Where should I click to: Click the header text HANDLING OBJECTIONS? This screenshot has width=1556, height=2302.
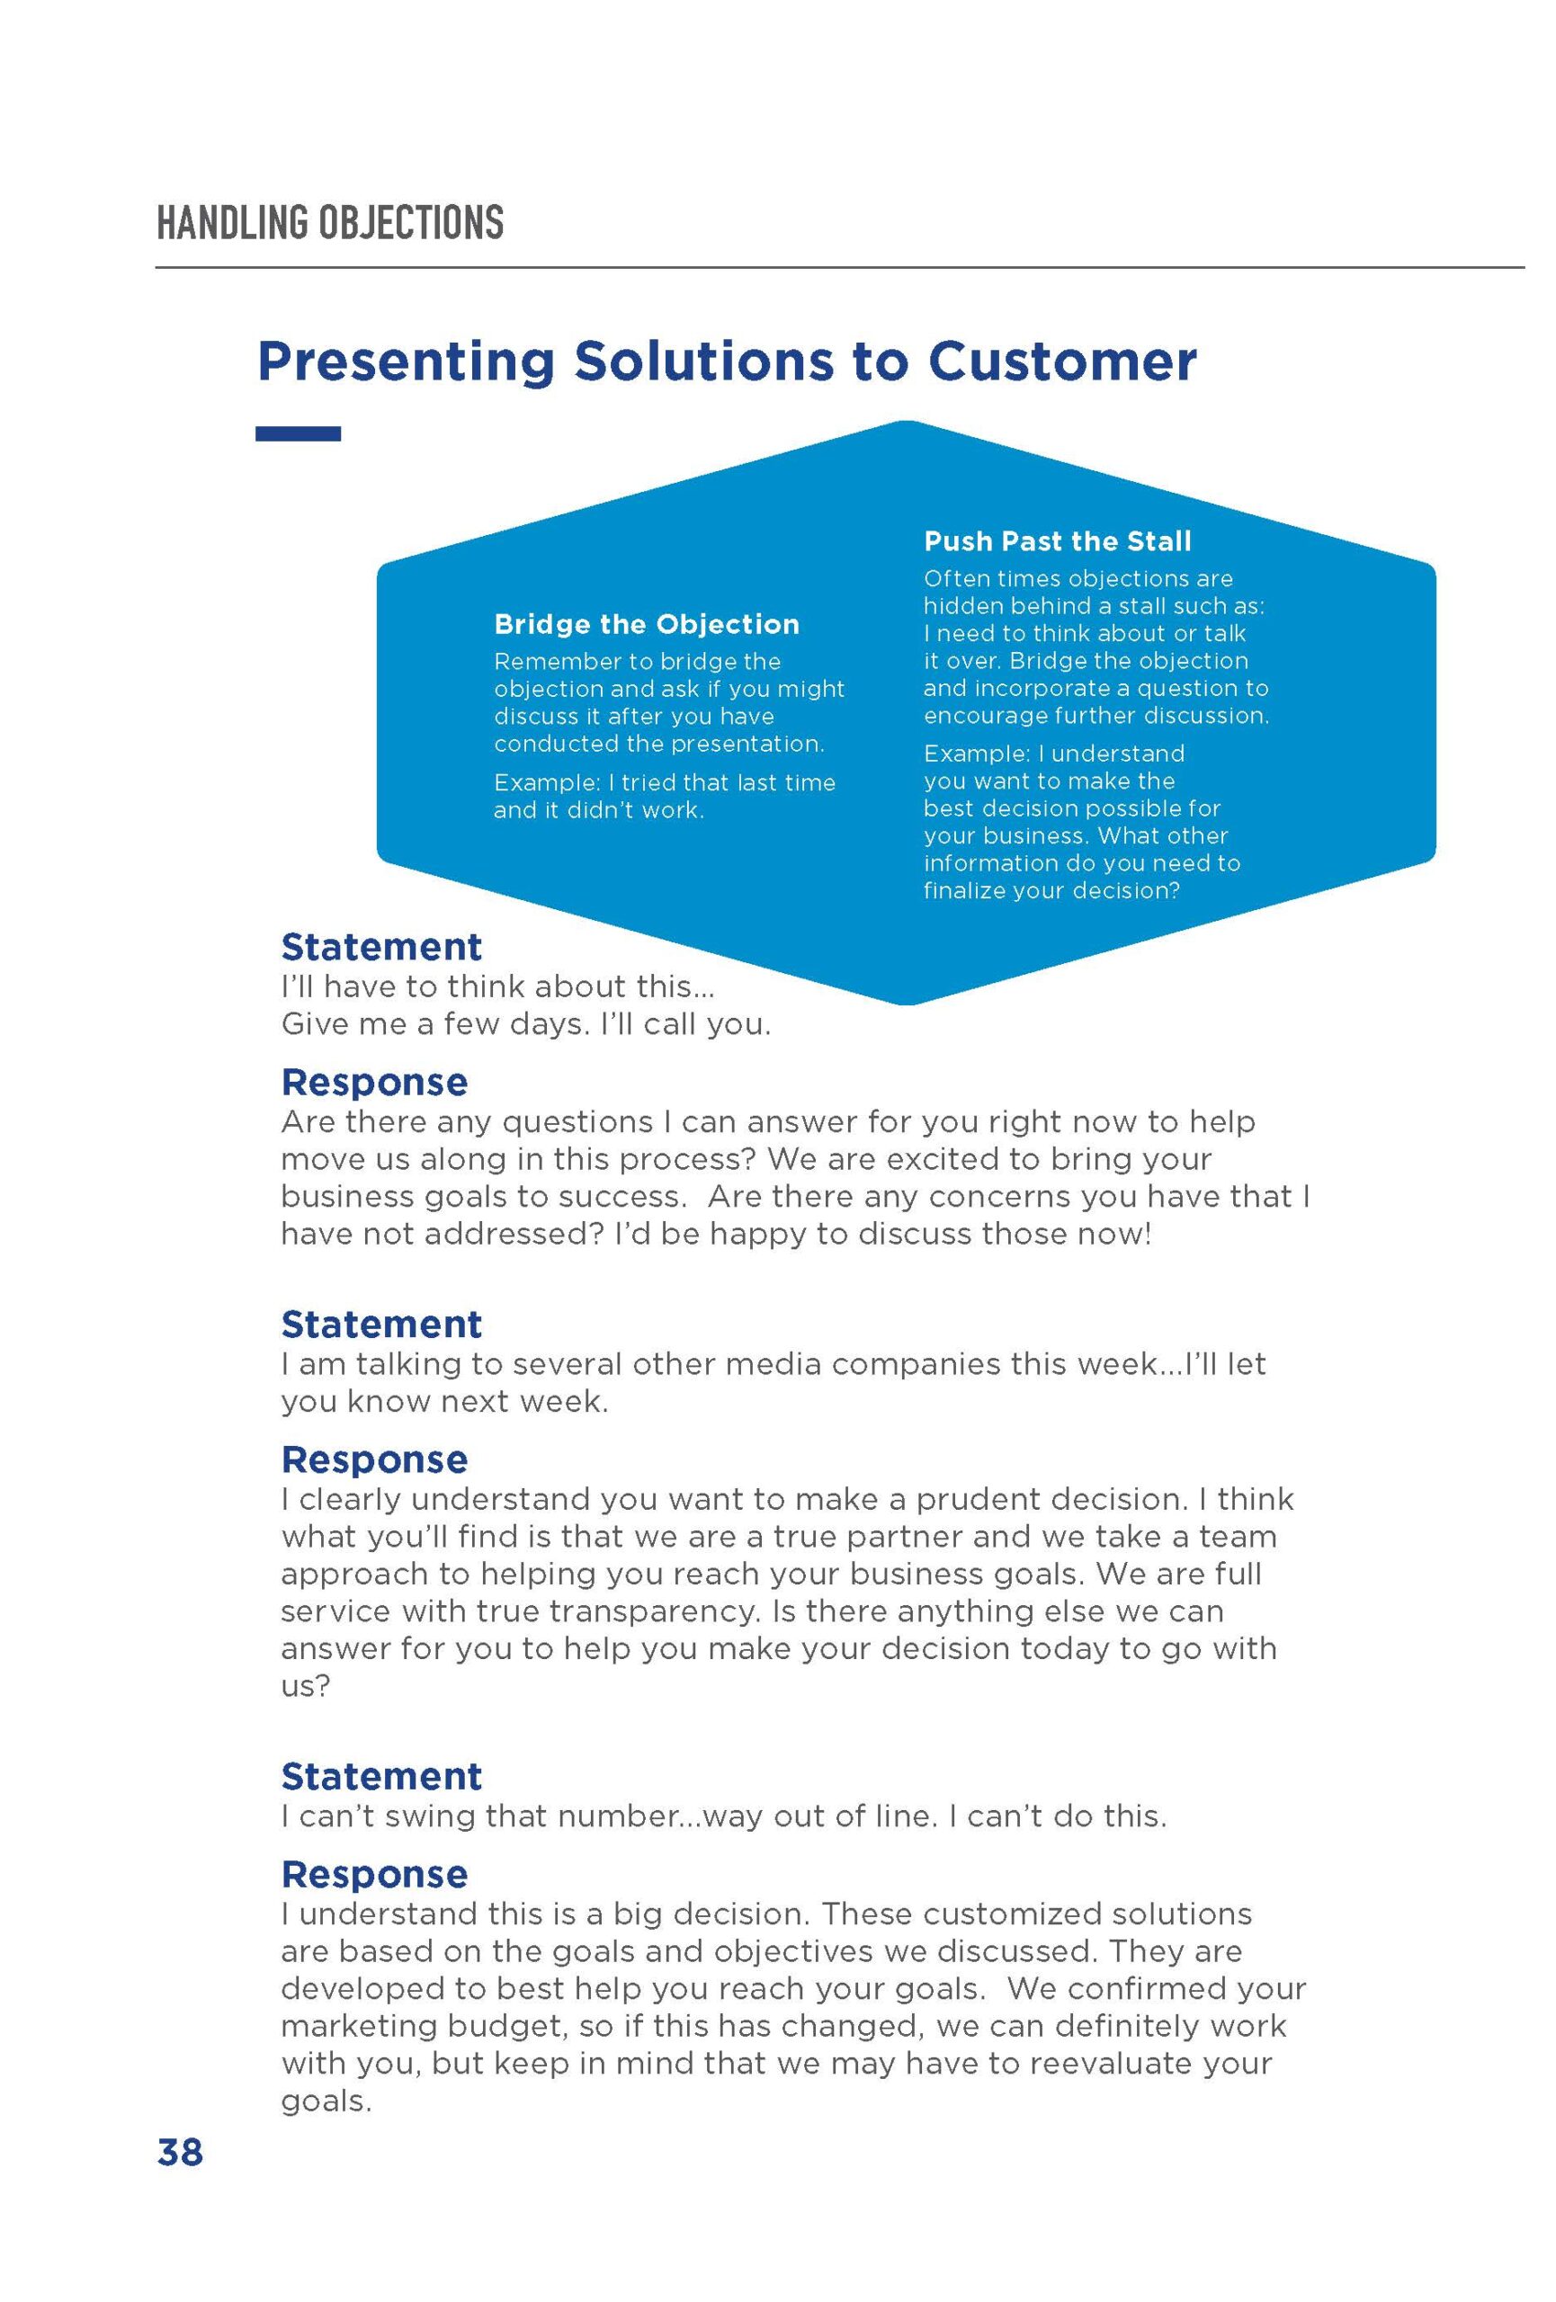330,222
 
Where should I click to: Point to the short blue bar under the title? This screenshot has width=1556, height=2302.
298,433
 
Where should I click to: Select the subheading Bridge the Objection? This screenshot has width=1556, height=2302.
646,624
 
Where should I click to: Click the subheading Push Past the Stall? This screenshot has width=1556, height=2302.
1057,540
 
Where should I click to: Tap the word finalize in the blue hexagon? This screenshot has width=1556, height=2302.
963,889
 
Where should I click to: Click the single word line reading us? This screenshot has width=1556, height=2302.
305,1685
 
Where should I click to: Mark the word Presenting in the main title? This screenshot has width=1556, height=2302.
405,361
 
